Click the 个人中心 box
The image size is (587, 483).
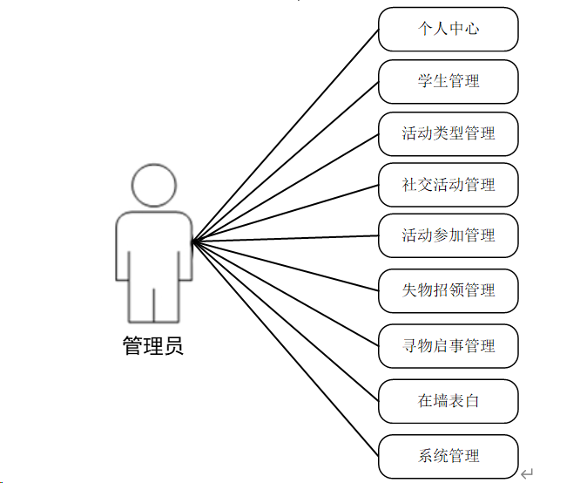click(449, 30)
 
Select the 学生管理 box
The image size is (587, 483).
click(449, 82)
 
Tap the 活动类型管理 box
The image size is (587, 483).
click(449, 134)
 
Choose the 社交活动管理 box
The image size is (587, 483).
click(449, 185)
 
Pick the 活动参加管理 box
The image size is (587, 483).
click(449, 235)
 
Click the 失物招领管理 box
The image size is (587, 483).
click(449, 290)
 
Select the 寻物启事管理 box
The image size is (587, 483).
click(449, 346)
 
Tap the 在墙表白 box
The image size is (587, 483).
click(449, 402)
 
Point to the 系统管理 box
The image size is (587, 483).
click(449, 456)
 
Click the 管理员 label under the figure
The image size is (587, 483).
click(153, 346)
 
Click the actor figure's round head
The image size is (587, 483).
click(153, 184)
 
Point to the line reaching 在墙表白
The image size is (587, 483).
click(286, 321)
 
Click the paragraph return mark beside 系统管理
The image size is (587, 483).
click(526, 473)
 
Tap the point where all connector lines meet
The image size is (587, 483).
click(192, 241)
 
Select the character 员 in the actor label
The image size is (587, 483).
click(174, 346)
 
